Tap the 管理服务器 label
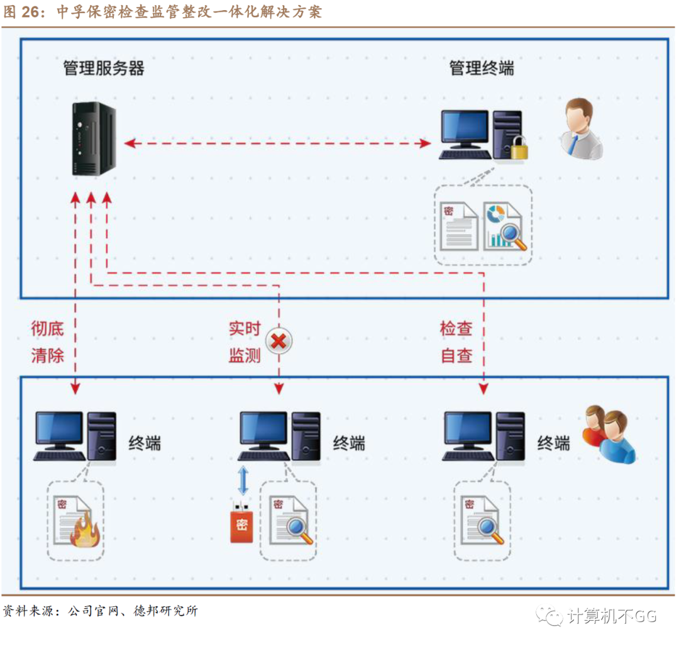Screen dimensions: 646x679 coord(104,68)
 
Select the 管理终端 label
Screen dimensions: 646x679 coord(482,68)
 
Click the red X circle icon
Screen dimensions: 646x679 coord(279,342)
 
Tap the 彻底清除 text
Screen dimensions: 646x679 coord(48,342)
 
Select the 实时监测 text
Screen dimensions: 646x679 coord(245,342)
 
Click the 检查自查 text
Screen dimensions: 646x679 coord(456,342)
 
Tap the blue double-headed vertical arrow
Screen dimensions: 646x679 coord(243,481)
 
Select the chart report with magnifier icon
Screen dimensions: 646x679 coord(506,226)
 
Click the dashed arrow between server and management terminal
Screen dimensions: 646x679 coord(277,143)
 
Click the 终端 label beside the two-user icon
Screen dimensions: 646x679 coord(553,442)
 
